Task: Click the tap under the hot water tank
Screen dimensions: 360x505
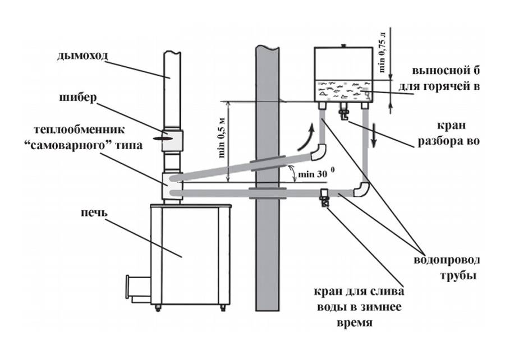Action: (343, 115)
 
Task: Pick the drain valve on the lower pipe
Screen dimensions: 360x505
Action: (324, 198)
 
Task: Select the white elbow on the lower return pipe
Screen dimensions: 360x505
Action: (362, 189)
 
